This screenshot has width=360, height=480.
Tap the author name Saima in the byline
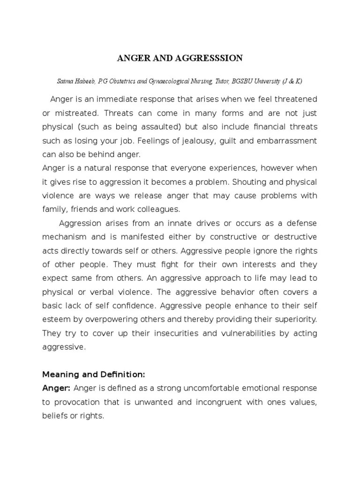(66, 82)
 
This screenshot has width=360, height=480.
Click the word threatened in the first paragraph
(294, 99)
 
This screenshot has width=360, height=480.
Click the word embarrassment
(283, 141)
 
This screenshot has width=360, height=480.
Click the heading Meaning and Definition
(94, 375)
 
